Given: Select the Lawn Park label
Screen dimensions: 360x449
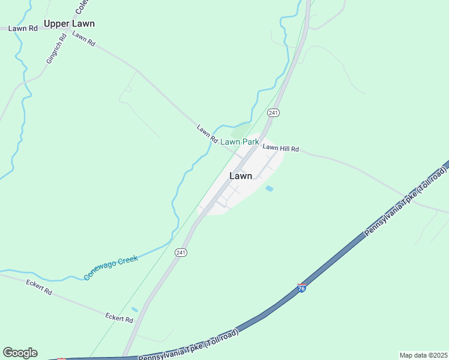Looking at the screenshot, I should (x=240, y=142).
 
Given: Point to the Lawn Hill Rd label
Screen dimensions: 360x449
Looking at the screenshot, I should (x=280, y=148).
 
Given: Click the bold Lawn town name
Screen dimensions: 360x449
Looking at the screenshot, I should (x=241, y=176).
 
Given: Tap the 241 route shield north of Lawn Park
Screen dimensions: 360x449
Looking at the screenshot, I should (x=273, y=113).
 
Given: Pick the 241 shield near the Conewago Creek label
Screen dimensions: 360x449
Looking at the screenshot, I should (x=181, y=253).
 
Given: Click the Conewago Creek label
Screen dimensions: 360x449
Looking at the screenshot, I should (x=111, y=268).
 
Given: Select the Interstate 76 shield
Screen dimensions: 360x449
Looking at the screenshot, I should (x=301, y=289).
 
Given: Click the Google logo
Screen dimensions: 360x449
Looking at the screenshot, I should (x=20, y=353).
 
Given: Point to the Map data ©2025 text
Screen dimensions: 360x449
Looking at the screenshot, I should (x=423, y=355).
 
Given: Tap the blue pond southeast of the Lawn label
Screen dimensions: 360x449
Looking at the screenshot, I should (x=270, y=188).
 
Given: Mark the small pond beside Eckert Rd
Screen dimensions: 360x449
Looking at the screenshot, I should (x=134, y=310).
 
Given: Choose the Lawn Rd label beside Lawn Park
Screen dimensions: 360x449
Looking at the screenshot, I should (x=206, y=134).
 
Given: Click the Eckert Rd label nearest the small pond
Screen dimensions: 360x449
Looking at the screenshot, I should (x=119, y=317).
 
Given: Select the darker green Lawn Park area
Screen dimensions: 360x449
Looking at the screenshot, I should (x=240, y=133).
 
